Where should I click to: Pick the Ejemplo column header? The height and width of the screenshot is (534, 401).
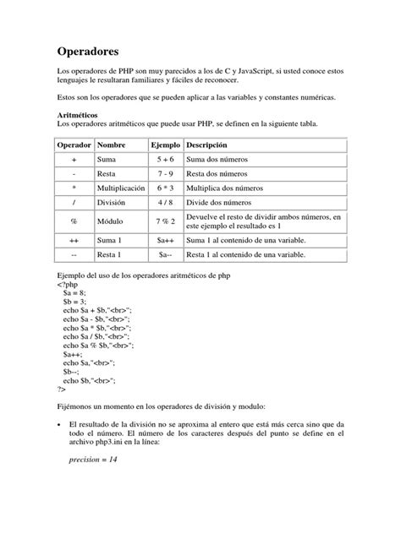[x=165, y=144]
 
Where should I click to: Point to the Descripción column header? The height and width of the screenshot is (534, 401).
[x=212, y=144]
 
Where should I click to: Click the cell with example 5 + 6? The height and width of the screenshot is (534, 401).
[x=164, y=159]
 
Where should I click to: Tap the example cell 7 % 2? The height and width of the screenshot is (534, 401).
[x=164, y=221]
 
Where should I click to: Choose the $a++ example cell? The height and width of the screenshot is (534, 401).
[x=164, y=241]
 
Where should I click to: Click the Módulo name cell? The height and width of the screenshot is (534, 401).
[x=113, y=221]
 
